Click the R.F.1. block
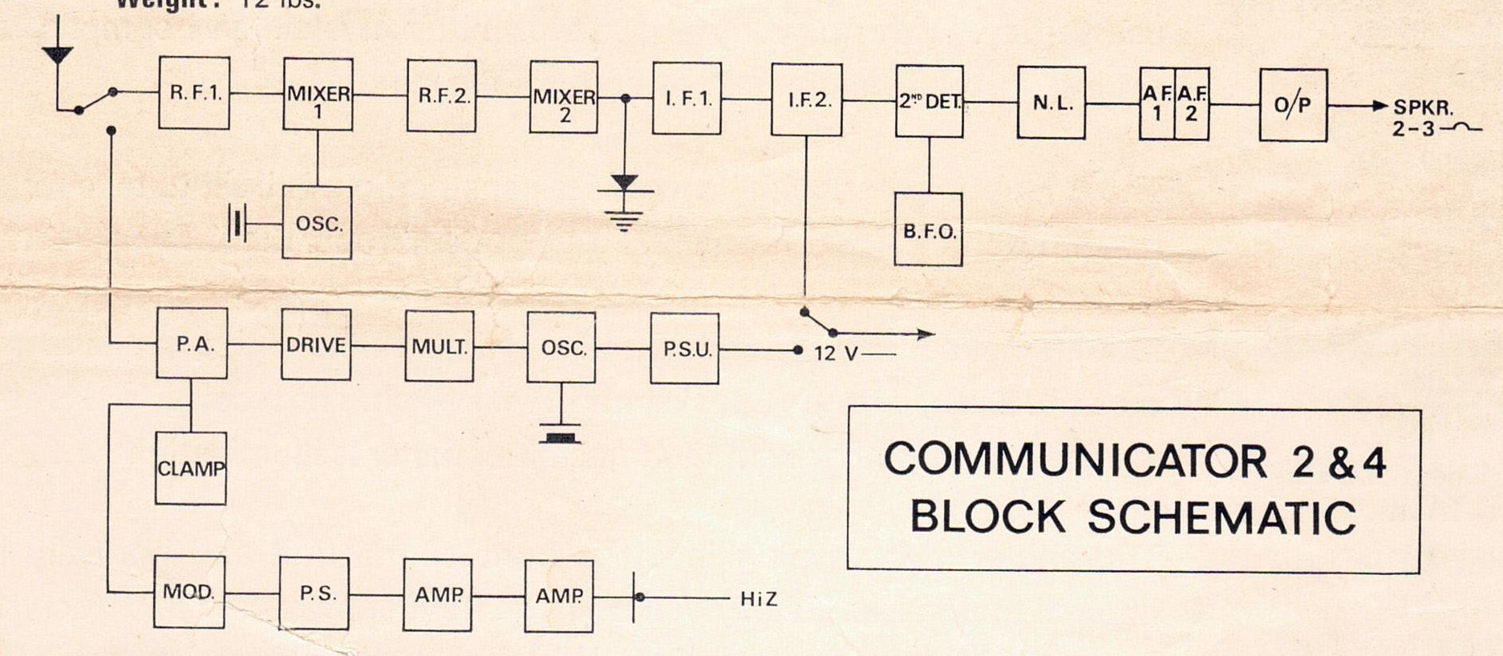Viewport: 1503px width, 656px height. tap(194, 93)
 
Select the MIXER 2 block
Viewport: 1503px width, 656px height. tap(564, 97)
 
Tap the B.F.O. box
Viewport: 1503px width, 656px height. tap(929, 230)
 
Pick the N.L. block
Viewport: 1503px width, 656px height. tap(1051, 103)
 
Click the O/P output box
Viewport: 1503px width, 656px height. tap(1293, 105)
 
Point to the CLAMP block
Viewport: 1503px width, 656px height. tap(191, 468)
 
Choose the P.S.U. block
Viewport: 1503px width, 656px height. tap(684, 349)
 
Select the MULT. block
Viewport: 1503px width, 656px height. tap(439, 346)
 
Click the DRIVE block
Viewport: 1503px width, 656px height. tap(316, 345)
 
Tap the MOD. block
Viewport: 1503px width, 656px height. tap(189, 592)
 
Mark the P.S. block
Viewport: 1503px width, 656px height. tap(314, 593)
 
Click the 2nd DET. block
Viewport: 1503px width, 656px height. tap(929, 102)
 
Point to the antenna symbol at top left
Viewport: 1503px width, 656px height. tap(58, 55)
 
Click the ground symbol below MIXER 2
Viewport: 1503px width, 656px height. tap(625, 200)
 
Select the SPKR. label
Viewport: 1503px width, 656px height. tap(1424, 107)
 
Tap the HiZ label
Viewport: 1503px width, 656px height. tap(759, 599)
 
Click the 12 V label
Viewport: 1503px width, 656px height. tap(835, 353)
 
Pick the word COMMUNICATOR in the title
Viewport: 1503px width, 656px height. tap(1075, 460)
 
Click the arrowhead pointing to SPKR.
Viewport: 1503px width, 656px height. tap(1379, 105)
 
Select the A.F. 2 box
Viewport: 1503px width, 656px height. tap(1192, 104)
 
